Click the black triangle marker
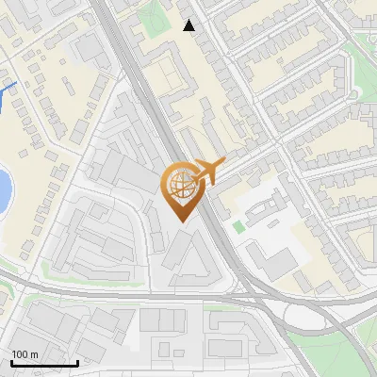189,25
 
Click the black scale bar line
44,363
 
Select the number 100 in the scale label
20,354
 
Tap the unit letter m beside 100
34,354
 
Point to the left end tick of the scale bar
11,361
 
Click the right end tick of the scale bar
77,361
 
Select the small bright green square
238,226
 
